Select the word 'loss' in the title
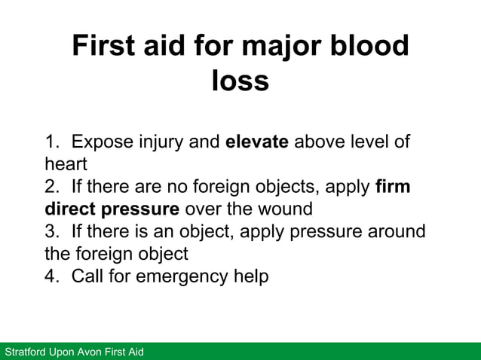click(x=240, y=81)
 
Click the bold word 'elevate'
click(x=257, y=142)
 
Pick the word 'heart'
click(x=66, y=163)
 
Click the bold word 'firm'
click(x=392, y=186)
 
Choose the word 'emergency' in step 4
click(x=175, y=276)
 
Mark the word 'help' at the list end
click(x=249, y=276)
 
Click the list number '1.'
click(x=52, y=142)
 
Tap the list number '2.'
click(x=52, y=186)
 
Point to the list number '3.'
click(x=52, y=231)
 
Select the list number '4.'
click(x=52, y=276)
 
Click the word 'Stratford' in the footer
click(x=26, y=352)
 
